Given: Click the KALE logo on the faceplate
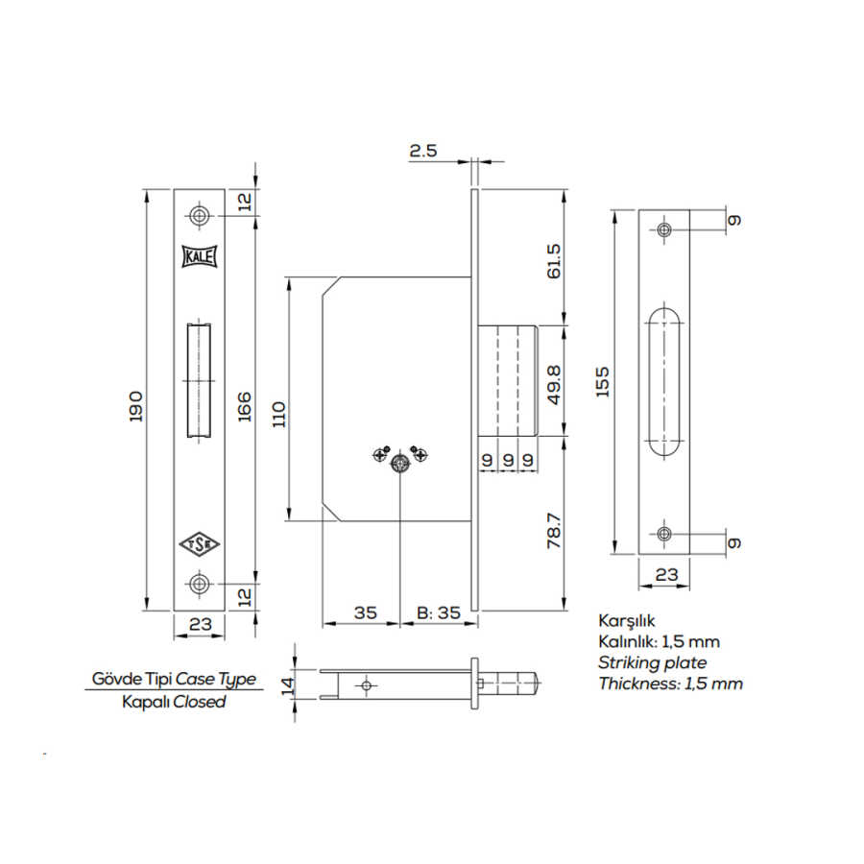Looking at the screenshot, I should coord(199,256).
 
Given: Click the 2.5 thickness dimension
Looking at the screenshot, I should coord(423,151).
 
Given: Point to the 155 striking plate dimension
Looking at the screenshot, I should coord(604,383).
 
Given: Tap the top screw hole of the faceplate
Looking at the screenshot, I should coord(199,215).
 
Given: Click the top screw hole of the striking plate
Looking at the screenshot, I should coord(664,229).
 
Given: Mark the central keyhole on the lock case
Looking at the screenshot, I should coord(399,464).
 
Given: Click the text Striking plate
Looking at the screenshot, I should coord(652,662).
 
